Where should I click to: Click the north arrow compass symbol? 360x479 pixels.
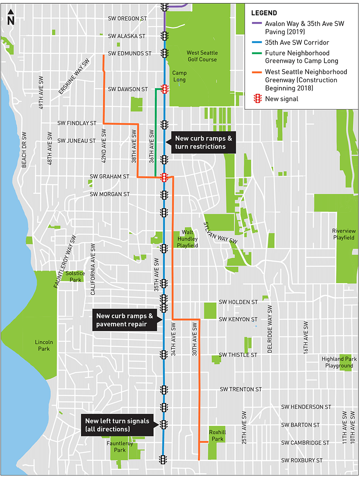click(11, 17)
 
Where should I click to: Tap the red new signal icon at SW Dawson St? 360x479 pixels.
click(164, 89)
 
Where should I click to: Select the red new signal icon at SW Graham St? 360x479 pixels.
click(164, 177)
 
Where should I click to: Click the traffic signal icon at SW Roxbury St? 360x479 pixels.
click(163, 460)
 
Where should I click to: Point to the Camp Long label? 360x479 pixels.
click(179, 76)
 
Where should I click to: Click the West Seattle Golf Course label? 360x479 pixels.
click(202, 56)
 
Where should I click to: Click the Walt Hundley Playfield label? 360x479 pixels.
click(187, 239)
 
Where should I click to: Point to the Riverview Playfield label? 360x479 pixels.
click(343, 234)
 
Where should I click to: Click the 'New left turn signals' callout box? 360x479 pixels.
click(117, 425)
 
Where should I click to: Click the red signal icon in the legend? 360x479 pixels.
click(257, 99)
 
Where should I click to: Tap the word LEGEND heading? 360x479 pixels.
click(263, 13)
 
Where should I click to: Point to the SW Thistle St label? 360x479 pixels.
click(238, 355)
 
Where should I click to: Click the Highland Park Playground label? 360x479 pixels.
click(339, 362)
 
